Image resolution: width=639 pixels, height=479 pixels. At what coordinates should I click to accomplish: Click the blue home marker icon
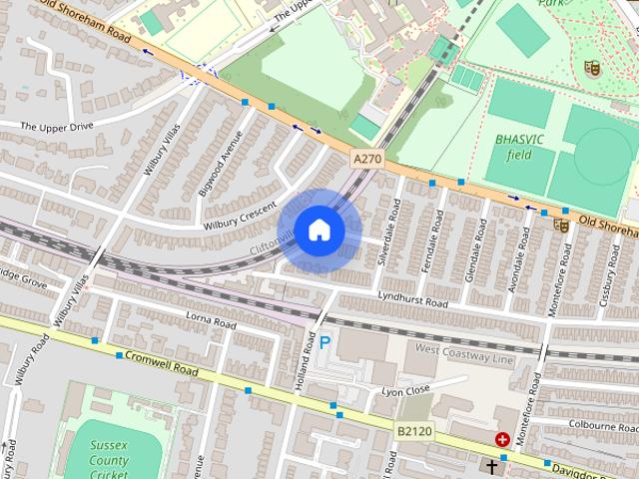(x=319, y=231)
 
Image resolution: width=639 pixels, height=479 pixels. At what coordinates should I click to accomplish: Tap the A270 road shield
(x=365, y=158)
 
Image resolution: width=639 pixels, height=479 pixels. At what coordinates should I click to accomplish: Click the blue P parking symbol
(x=323, y=342)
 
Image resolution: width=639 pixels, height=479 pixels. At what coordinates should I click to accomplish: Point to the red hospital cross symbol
(x=502, y=439)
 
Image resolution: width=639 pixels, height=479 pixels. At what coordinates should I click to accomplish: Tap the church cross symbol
(x=490, y=466)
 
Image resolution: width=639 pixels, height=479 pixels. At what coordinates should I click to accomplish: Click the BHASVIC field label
(x=519, y=148)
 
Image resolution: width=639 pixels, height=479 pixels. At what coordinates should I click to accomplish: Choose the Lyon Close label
(x=405, y=391)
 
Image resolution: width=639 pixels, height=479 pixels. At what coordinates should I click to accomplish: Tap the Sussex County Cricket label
(x=108, y=460)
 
